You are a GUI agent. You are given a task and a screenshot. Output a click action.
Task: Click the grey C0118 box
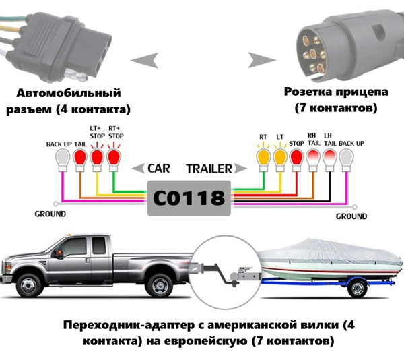(x=189, y=198)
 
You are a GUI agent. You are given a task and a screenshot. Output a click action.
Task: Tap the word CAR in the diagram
(x=159, y=169)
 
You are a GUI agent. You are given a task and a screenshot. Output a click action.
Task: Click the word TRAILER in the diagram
(x=209, y=169)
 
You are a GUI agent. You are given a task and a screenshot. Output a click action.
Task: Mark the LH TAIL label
(x=329, y=138)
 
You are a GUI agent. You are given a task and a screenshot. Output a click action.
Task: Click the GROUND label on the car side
(x=50, y=214)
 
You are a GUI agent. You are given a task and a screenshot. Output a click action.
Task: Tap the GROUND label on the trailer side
(x=351, y=216)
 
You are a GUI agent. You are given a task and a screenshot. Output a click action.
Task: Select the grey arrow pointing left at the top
(x=145, y=61)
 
